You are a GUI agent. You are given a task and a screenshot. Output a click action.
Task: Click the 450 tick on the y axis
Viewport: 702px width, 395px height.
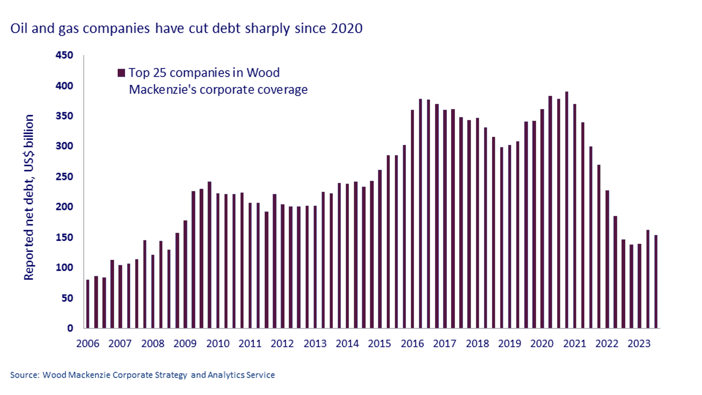(x=64, y=55)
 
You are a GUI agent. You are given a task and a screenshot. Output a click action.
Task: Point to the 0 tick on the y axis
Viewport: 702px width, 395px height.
(x=70, y=328)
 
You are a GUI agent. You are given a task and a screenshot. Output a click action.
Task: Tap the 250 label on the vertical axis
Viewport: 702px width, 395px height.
(x=64, y=176)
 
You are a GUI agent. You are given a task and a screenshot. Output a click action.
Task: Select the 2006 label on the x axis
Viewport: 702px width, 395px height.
(x=88, y=343)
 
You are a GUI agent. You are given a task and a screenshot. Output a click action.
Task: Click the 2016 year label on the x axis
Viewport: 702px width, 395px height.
(x=412, y=343)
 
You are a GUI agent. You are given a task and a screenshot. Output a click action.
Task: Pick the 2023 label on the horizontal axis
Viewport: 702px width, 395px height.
(x=639, y=343)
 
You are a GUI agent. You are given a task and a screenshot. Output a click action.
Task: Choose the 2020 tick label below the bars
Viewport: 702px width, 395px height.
(x=542, y=343)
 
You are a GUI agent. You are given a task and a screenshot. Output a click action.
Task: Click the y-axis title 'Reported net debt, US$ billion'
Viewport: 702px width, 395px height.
(x=29, y=197)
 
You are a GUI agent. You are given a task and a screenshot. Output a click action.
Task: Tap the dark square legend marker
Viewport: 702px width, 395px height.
(x=121, y=73)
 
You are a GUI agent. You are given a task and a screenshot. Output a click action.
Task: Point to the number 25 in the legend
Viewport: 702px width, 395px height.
(x=159, y=73)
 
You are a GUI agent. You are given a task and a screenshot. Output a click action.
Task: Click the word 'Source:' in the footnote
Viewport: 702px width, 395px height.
(x=25, y=375)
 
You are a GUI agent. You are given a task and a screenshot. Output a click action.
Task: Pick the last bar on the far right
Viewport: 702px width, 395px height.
(x=656, y=281)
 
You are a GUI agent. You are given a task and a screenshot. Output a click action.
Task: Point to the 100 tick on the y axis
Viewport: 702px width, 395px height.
(x=64, y=268)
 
